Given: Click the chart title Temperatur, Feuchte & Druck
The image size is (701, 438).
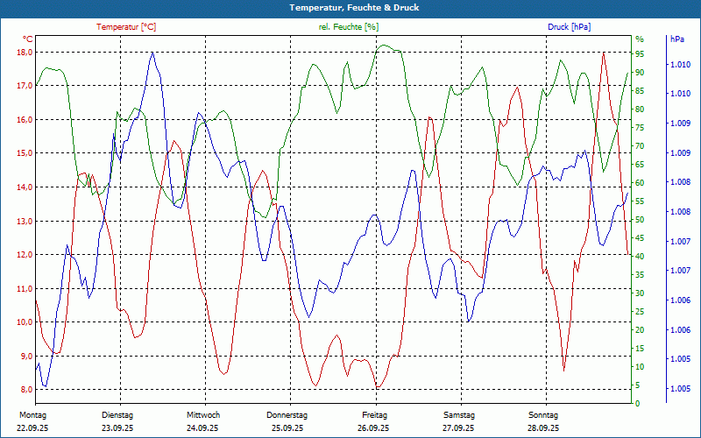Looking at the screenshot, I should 350,8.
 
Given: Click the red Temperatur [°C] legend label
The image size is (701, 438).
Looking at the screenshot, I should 126,27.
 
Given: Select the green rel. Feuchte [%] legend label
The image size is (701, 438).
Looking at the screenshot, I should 348,27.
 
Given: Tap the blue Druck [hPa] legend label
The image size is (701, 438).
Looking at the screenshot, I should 569,27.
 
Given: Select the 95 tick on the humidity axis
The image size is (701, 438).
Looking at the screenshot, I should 640,53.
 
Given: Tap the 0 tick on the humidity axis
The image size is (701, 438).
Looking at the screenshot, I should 637,404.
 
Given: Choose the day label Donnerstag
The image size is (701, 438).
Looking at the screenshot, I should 287,414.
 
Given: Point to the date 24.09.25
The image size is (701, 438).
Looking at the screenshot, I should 202,428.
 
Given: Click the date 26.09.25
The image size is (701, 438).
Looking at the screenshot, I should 373,428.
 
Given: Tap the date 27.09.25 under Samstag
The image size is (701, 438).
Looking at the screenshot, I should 458,428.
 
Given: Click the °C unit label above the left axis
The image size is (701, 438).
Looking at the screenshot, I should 28,39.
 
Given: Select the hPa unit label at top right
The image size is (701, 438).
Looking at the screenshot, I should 676,39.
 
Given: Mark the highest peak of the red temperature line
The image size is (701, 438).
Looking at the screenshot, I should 603,53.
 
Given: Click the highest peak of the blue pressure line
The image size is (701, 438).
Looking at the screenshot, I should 152,53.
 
